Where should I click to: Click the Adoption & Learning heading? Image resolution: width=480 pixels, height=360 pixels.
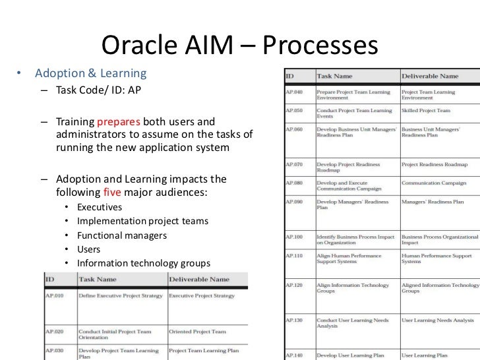(x=90, y=72)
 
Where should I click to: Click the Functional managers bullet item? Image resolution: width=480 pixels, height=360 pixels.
(x=122, y=235)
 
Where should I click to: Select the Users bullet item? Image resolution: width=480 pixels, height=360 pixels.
(x=89, y=250)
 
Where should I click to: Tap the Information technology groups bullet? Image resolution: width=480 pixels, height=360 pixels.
(x=144, y=264)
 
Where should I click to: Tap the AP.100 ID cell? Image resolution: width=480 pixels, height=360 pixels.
(x=295, y=235)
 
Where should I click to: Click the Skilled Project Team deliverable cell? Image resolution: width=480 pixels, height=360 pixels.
(x=426, y=110)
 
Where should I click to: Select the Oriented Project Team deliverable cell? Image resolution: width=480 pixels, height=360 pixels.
(x=197, y=332)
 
